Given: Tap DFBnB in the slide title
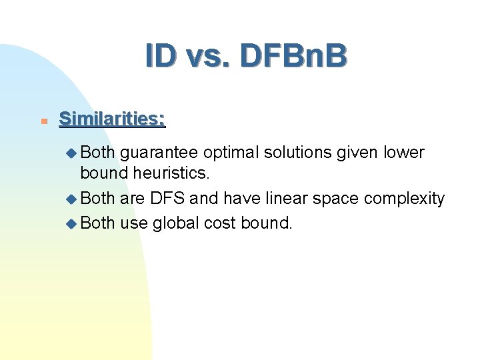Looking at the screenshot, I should pyautogui.click(x=294, y=56).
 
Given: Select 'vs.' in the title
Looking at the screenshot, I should pyautogui.click(x=209, y=57).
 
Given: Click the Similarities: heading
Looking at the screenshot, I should pyautogui.click(x=112, y=119).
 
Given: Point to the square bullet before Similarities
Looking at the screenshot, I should pyautogui.click(x=42, y=121).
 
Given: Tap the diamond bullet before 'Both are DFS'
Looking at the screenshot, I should pyautogui.click(x=72, y=199).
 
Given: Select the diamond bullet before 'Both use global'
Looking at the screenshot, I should pyautogui.click(x=72, y=223).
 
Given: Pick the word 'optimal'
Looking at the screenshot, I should pyautogui.click(x=231, y=153).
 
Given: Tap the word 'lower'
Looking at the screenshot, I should pyautogui.click(x=405, y=153).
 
